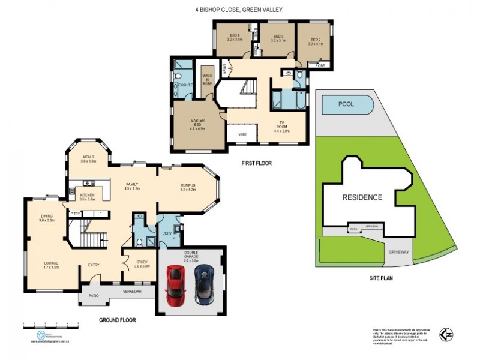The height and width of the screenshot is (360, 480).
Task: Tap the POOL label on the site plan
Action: (x=347, y=104)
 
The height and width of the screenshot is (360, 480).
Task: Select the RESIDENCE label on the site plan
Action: (x=362, y=197)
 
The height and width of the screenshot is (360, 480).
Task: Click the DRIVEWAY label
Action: (x=398, y=252)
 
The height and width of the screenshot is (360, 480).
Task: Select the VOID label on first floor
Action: (x=242, y=134)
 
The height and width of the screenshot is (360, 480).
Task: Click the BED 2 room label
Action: (x=316, y=42)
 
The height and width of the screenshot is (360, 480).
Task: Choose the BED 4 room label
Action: (x=235, y=37)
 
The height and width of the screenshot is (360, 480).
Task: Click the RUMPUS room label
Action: (x=188, y=188)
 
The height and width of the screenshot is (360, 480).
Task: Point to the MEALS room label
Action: (x=89, y=158)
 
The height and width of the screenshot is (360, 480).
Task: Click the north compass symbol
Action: (x=446, y=334)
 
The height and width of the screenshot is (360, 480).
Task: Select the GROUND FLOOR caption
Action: (x=117, y=320)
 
